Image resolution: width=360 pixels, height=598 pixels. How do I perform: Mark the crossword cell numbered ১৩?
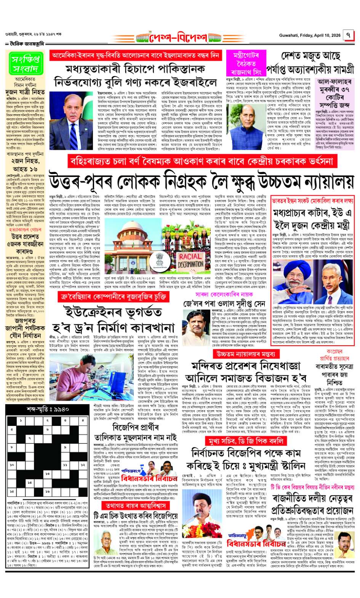(47, 474)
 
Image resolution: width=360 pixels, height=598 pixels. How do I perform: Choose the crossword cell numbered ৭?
(29, 439)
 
